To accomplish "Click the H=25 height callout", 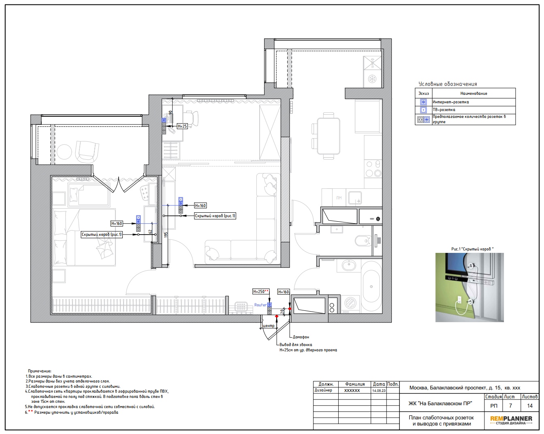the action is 182,126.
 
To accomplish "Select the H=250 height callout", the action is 260,292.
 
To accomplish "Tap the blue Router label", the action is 260,305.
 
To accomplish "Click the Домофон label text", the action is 301,337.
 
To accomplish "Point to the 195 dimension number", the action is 166,235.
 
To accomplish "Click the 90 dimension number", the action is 171,112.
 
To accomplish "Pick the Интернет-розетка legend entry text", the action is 451,102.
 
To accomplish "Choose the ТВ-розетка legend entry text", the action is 444,109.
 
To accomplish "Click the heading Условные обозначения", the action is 448,84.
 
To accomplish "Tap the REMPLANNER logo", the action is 511,420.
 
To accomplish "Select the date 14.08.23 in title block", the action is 379,391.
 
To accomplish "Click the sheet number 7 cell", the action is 511,406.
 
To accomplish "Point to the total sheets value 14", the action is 530,406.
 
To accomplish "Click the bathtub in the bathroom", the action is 371,286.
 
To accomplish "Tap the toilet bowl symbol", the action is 363,241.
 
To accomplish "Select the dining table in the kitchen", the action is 329,136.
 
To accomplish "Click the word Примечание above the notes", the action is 39,371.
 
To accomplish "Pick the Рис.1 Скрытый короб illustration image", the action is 469,287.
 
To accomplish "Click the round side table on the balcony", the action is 64,152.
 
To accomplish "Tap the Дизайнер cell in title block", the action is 323,390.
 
